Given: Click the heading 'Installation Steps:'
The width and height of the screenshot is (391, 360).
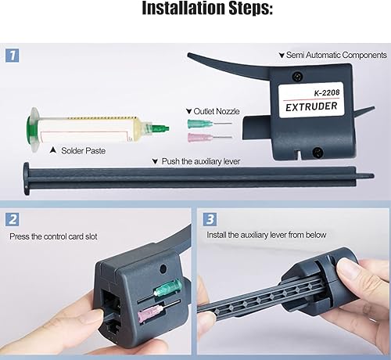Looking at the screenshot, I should click(195, 11).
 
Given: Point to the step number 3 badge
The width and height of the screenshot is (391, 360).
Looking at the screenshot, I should click(209, 221).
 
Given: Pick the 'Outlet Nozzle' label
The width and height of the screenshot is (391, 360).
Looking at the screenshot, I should click(213, 112).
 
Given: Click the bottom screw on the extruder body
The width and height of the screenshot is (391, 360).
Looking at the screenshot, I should click(315, 151).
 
